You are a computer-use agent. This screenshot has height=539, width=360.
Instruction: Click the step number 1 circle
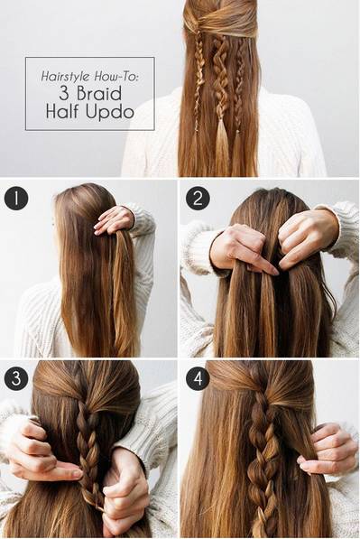pos(16,199)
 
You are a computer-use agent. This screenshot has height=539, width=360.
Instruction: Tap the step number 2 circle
pos(198,199)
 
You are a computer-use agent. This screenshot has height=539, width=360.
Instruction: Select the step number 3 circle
pos(16,378)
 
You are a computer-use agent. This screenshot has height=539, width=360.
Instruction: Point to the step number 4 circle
pos(198,378)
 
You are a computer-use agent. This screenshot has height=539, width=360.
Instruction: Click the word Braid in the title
pos(99,93)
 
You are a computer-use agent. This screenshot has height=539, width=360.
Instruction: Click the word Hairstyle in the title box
pos(66,76)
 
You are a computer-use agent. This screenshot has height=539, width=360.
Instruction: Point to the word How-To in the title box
pos(116,76)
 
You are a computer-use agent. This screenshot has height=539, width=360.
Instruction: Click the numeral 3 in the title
pos(64,93)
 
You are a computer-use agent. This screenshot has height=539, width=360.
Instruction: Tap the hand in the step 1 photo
pos(115,220)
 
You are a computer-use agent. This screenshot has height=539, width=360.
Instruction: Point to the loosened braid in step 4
pos(263,460)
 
